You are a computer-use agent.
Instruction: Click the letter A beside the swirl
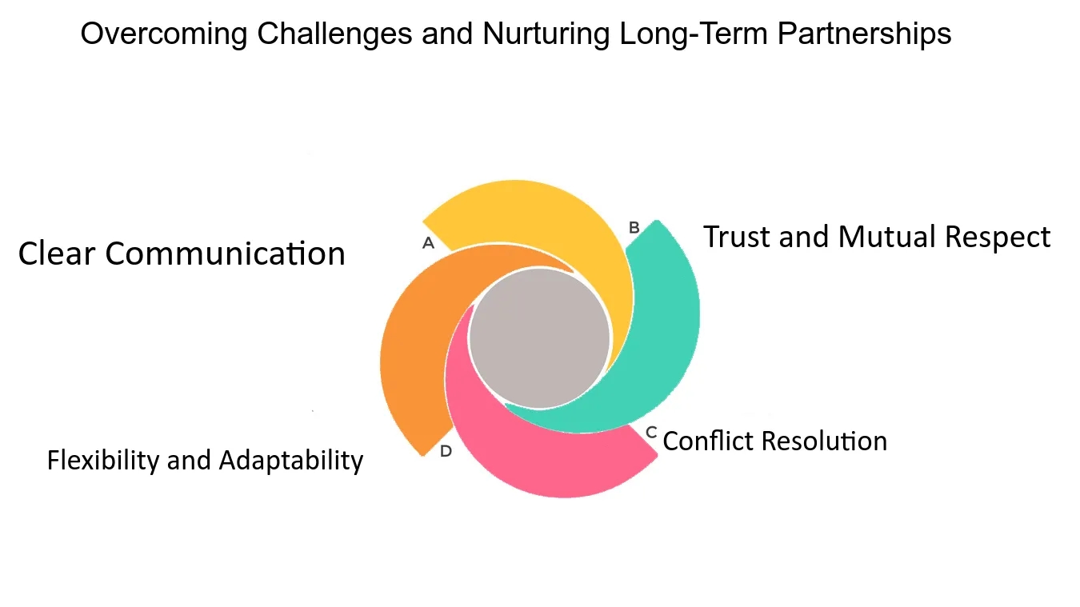[428, 243]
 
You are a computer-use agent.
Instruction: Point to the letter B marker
[634, 228]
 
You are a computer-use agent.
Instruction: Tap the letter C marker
[651, 433]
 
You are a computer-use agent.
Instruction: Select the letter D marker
[446, 451]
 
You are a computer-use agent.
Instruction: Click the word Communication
[226, 254]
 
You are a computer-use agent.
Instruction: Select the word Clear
[58, 254]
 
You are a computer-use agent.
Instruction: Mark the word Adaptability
[290, 461]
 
